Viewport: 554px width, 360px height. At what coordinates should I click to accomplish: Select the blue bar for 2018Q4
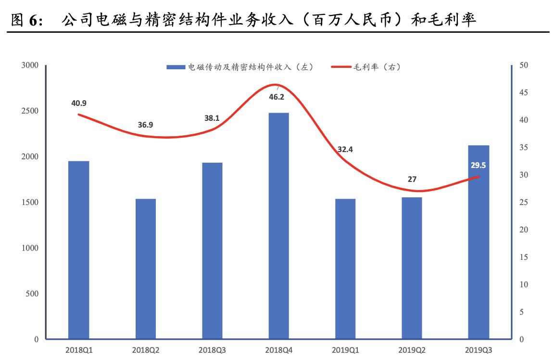click(x=279, y=226)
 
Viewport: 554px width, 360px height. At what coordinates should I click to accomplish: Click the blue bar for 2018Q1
click(x=78, y=250)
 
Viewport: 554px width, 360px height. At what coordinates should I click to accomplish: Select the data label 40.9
click(x=78, y=103)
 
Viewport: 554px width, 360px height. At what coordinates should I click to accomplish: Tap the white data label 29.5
click(x=478, y=165)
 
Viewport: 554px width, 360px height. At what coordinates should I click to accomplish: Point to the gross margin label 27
click(x=412, y=180)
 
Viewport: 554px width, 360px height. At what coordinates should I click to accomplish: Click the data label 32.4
click(x=345, y=149)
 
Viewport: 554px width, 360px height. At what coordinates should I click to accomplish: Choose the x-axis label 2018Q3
click(x=212, y=350)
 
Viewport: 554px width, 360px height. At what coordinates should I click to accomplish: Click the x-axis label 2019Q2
click(x=412, y=350)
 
